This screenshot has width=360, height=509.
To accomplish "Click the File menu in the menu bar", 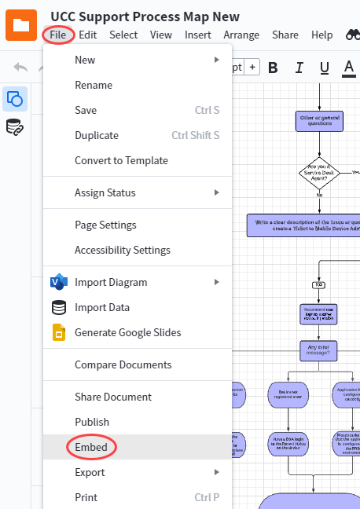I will pyautogui.click(x=57, y=35).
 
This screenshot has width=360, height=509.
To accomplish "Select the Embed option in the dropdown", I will pyautogui.click(x=91, y=447).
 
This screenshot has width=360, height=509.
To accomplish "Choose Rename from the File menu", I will pyautogui.click(x=94, y=85).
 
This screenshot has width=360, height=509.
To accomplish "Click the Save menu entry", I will pyautogui.click(x=86, y=110).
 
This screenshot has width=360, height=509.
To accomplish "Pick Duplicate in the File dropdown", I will pyautogui.click(x=97, y=135).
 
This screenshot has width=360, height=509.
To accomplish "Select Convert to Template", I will pyautogui.click(x=121, y=160).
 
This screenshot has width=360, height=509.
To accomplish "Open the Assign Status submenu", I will pyautogui.click(x=105, y=192).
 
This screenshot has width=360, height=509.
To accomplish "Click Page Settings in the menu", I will pyautogui.click(x=105, y=225).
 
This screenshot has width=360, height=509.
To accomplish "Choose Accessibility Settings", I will pyautogui.click(x=123, y=250).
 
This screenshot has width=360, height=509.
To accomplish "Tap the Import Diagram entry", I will pyautogui.click(x=111, y=282).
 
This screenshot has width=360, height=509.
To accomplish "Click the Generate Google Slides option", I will pyautogui.click(x=127, y=332).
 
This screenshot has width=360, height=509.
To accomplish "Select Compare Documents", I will pyautogui.click(x=123, y=364).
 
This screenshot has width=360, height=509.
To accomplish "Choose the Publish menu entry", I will pyautogui.click(x=92, y=422).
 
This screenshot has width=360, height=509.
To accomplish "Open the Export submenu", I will pyautogui.click(x=90, y=472).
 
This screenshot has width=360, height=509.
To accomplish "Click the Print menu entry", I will pyautogui.click(x=86, y=497).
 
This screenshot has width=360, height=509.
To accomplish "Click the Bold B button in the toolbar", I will pyautogui.click(x=274, y=67).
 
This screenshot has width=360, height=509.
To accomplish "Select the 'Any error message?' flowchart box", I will pyautogui.click(x=319, y=350).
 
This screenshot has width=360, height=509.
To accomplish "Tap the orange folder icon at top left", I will pyautogui.click(x=21, y=24).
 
